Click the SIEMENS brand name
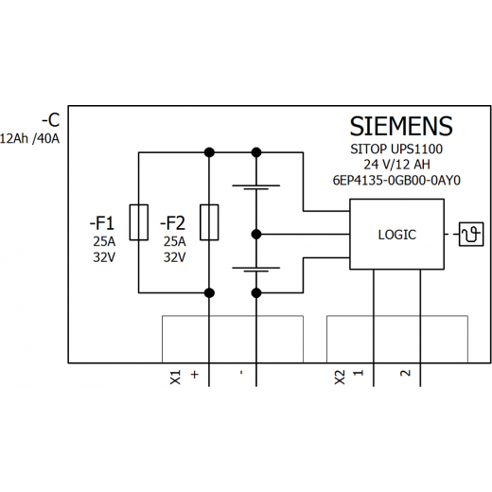[401, 126]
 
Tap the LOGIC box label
[397, 235]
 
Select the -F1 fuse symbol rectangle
[139, 222]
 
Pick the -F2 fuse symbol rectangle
[209, 222]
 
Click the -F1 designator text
[102, 223]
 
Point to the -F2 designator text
[172, 223]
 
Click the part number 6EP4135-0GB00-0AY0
[396, 181]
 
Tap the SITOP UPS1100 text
[396, 149]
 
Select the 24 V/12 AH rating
[396, 165]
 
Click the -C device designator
[51, 120]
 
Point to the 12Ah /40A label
[29, 139]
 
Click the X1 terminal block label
[175, 378]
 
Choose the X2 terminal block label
[340, 378]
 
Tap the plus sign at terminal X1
[195, 375]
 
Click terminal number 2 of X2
[405, 373]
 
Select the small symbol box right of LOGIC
[471, 235]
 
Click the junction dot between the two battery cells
[256, 235]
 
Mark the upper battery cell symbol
[256, 187]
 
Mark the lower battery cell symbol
[256, 270]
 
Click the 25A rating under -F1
[104, 242]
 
